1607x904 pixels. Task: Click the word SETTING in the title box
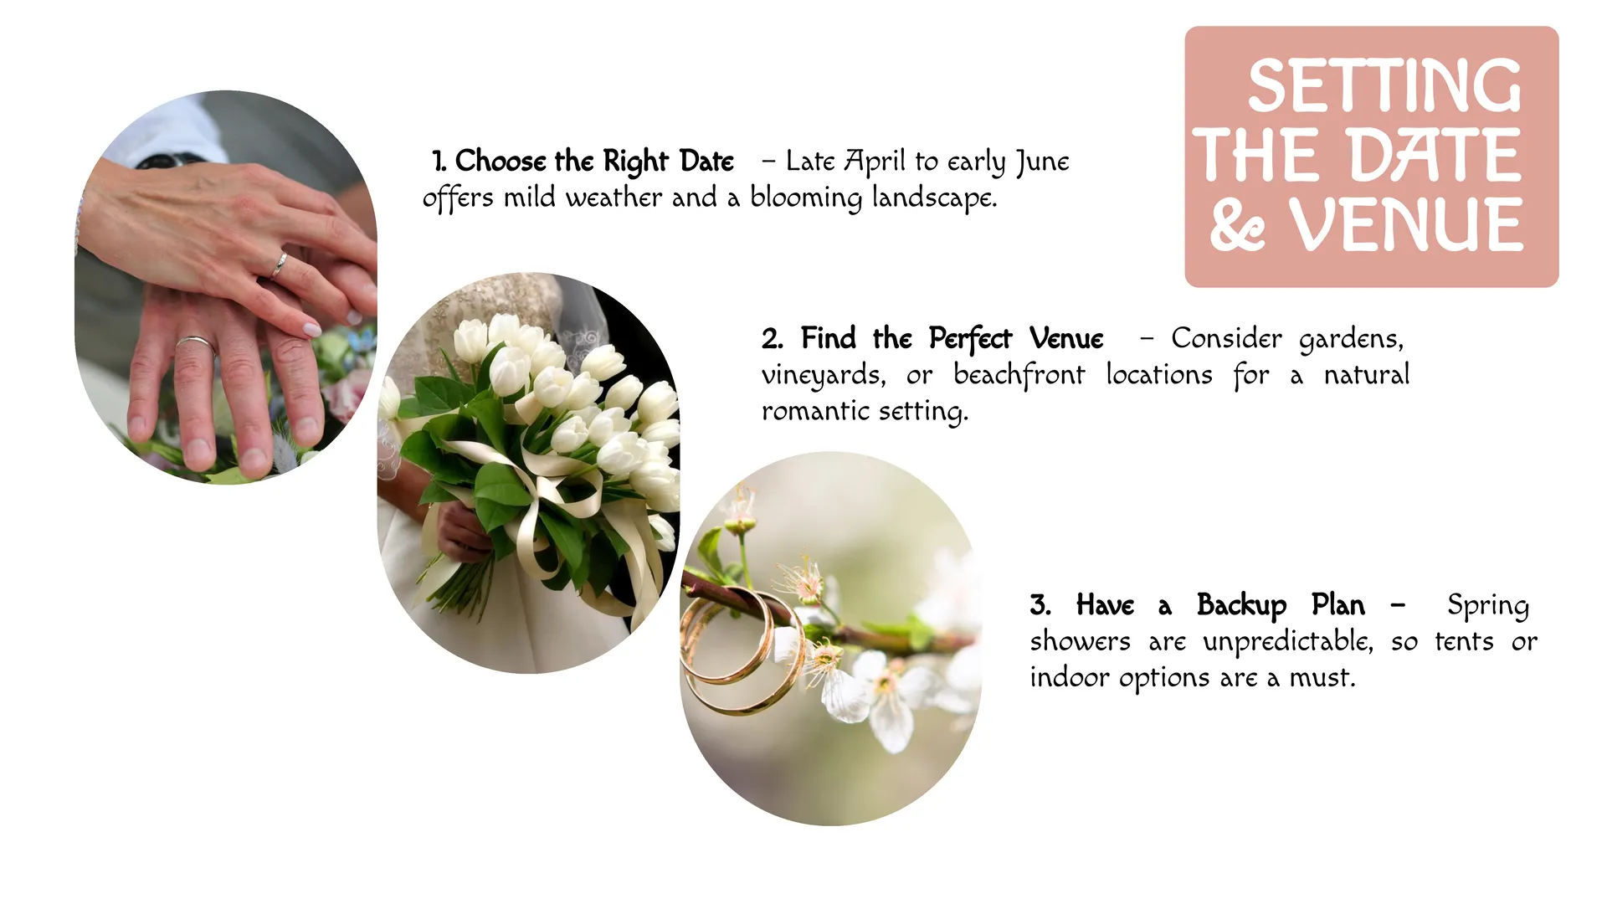[x=1384, y=85]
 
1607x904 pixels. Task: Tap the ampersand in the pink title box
[x=1237, y=224]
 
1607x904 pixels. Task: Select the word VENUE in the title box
[x=1406, y=224]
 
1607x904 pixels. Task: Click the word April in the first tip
[x=875, y=162]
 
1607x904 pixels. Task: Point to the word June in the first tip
[x=1042, y=162]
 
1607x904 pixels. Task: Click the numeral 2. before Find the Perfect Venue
[x=773, y=339]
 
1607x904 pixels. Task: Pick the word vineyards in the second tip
[x=823, y=376]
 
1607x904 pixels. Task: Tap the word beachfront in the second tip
[x=1019, y=375]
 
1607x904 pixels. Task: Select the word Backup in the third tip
[x=1241, y=606]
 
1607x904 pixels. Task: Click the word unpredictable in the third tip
[x=1287, y=642]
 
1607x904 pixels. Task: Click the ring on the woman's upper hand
[x=279, y=265]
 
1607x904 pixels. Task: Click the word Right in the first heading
[x=635, y=162]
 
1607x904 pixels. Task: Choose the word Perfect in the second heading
[x=970, y=339]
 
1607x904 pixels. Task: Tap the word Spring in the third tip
[x=1488, y=606]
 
